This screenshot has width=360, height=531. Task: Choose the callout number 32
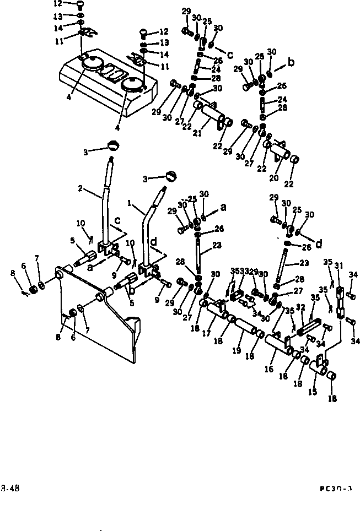[x=300, y=307]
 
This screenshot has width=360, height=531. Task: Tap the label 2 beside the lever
[x=80, y=188]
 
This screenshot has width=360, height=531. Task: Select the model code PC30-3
[x=335, y=487]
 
